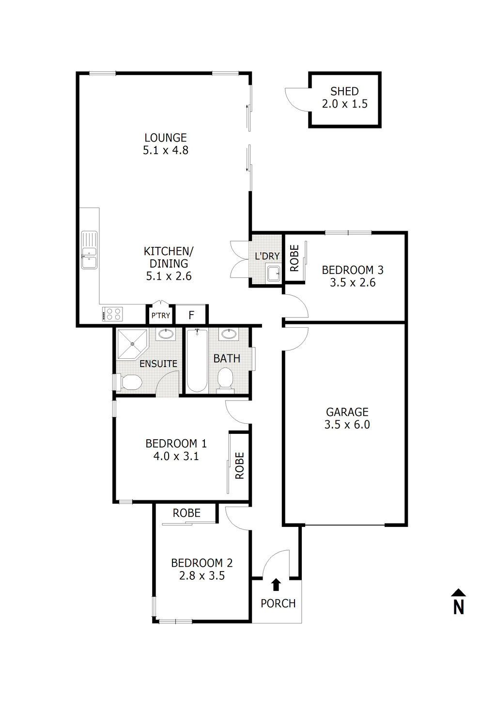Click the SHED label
(344, 91)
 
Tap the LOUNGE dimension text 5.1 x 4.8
(165, 150)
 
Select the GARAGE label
(347, 412)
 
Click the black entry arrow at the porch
(276, 585)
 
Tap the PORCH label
(278, 604)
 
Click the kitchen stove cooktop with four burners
(112, 314)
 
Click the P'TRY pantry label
(161, 316)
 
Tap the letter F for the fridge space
(191, 316)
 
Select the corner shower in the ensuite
(131, 343)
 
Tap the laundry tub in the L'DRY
(273, 274)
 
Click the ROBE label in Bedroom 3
(294, 257)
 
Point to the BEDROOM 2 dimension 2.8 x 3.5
(201, 576)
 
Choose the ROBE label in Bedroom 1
(239, 466)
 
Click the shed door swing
(295, 99)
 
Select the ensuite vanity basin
(166, 334)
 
